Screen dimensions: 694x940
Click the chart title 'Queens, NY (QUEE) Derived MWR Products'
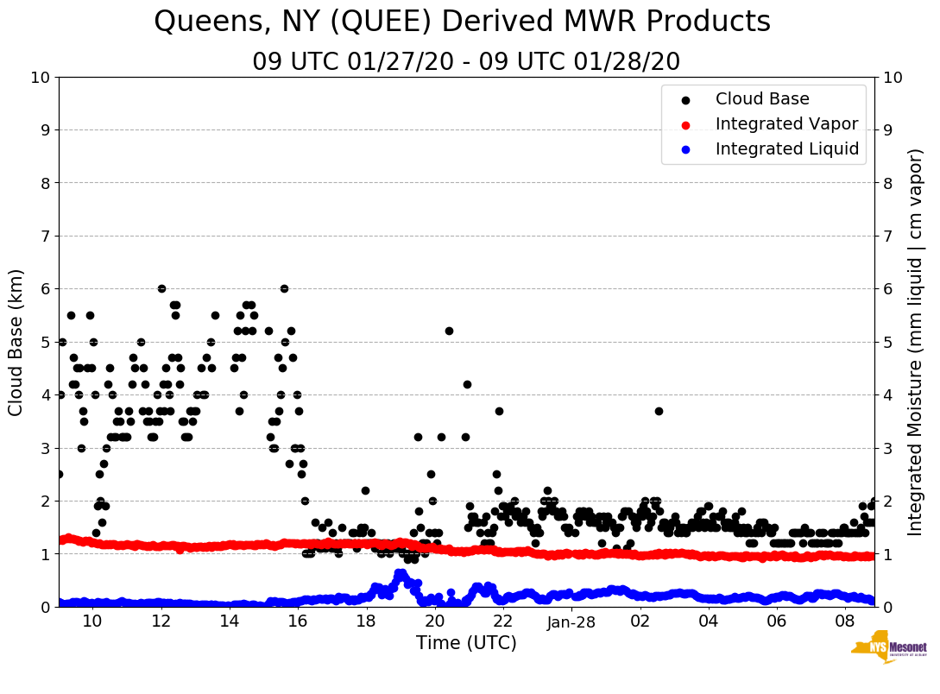[462, 22]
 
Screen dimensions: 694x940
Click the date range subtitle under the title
[466, 62]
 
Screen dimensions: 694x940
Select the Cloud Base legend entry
[761, 99]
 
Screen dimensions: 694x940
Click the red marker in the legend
[685, 125]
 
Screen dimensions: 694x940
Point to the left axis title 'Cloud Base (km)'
[16, 342]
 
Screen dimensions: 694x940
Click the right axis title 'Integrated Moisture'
[916, 342]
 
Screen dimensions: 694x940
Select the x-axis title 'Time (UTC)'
[466, 643]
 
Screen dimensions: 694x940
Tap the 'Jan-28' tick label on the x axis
[571, 621]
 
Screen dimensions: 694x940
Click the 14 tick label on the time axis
[229, 621]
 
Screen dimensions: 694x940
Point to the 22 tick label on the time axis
[503, 621]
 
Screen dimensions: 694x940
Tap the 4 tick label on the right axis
[886, 394]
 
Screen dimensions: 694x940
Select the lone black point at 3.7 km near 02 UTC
[659, 411]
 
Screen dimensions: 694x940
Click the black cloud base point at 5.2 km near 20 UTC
[449, 331]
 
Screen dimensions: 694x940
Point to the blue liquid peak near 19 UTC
[400, 573]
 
